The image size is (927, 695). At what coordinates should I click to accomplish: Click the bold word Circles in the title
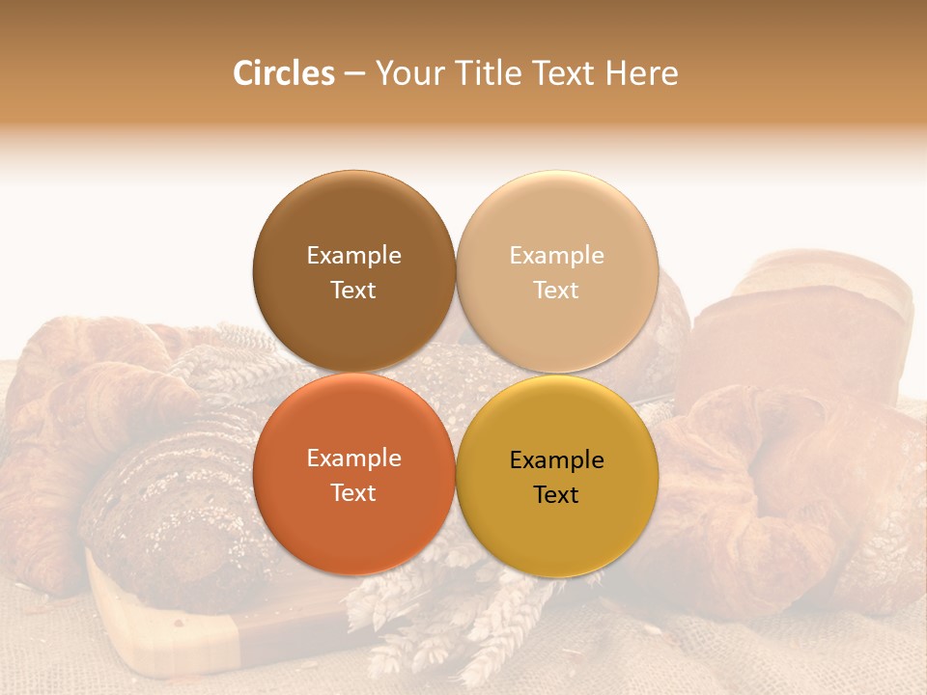coord(284,73)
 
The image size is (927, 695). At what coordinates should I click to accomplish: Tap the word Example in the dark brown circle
coord(353,255)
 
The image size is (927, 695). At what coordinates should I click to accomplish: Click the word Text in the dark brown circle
coord(353,290)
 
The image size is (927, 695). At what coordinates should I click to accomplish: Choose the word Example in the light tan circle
coord(557,255)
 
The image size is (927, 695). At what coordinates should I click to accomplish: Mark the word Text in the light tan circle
coord(557,290)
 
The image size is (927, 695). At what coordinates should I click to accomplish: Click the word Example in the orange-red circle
coord(353,458)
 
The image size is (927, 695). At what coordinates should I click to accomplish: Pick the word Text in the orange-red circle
coord(353,492)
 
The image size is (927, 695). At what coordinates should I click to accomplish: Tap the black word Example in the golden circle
coord(557,459)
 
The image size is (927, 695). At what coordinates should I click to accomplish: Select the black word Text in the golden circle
coord(557,494)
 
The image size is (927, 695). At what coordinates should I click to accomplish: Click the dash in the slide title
coord(354,74)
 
